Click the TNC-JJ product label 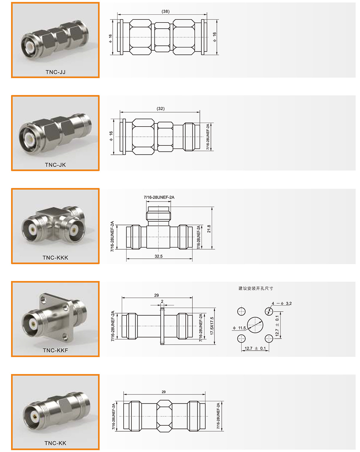(x=55, y=72)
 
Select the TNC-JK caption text (x=55, y=165)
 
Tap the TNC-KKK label (x=55, y=258)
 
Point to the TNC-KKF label (x=55, y=350)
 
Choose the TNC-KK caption (x=55, y=443)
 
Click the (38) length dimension (x=166, y=11)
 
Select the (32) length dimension (x=160, y=109)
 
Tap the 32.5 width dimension (x=158, y=256)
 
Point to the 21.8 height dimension (x=209, y=229)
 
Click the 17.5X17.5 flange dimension (x=212, y=326)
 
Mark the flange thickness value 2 (x=162, y=301)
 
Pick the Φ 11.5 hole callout (x=239, y=328)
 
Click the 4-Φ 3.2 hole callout (x=282, y=304)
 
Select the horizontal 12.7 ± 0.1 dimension (x=255, y=349)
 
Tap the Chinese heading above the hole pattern (x=256, y=288)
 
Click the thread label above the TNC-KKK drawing (x=159, y=197)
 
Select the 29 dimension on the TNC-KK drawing (x=164, y=392)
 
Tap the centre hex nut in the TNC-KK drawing (x=165, y=416)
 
